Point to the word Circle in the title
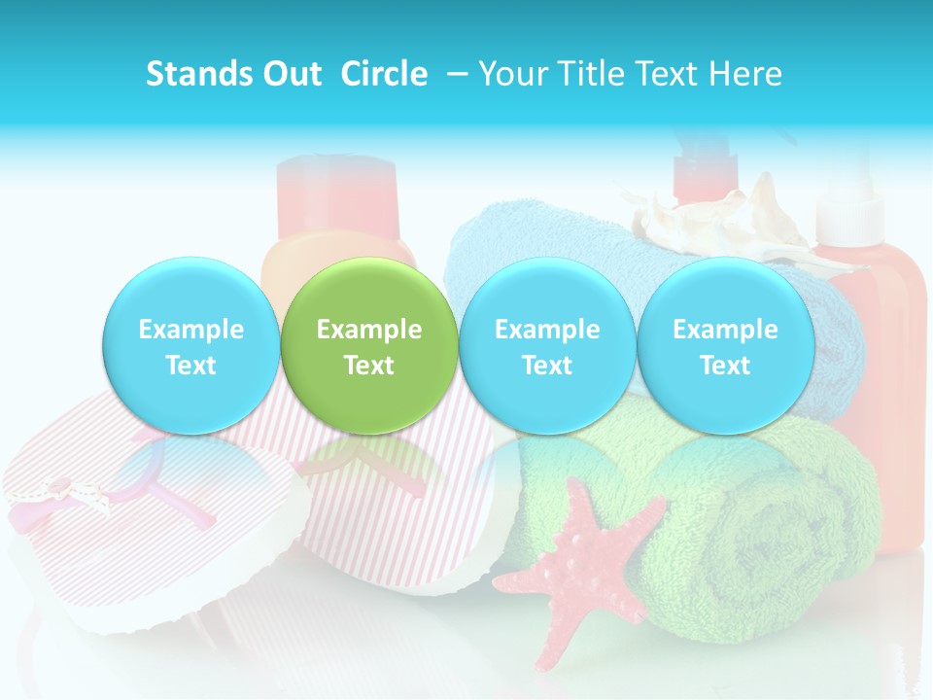384,74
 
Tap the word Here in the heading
746,74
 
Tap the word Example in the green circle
368,330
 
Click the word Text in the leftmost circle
190,366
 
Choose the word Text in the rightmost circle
725,366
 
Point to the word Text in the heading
672,74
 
